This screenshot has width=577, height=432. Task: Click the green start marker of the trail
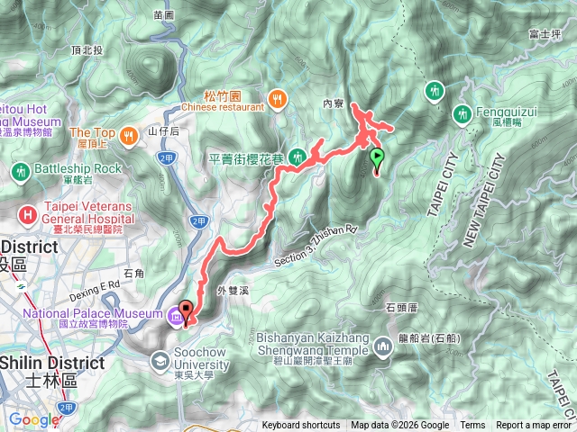click(376, 159)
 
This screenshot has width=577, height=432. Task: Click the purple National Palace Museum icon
click(172, 315)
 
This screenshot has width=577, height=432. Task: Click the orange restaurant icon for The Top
click(128, 134)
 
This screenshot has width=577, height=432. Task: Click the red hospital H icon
click(30, 214)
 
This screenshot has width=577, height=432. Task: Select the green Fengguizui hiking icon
click(463, 114)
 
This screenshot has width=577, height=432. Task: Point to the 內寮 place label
click(334, 103)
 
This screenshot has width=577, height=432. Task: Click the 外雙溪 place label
click(233, 291)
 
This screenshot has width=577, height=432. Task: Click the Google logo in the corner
click(33, 419)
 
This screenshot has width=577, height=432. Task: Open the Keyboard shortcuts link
click(301, 426)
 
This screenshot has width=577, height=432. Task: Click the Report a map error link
click(534, 426)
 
